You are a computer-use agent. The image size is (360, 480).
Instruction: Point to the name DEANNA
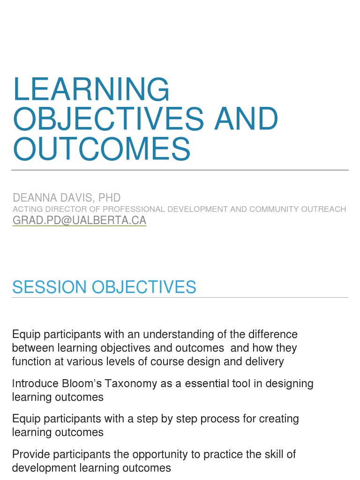click(x=33, y=197)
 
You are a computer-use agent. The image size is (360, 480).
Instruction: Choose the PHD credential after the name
click(x=108, y=197)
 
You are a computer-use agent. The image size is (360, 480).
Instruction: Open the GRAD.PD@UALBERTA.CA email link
click(x=79, y=220)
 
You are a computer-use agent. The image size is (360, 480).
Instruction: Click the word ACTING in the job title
click(x=26, y=209)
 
